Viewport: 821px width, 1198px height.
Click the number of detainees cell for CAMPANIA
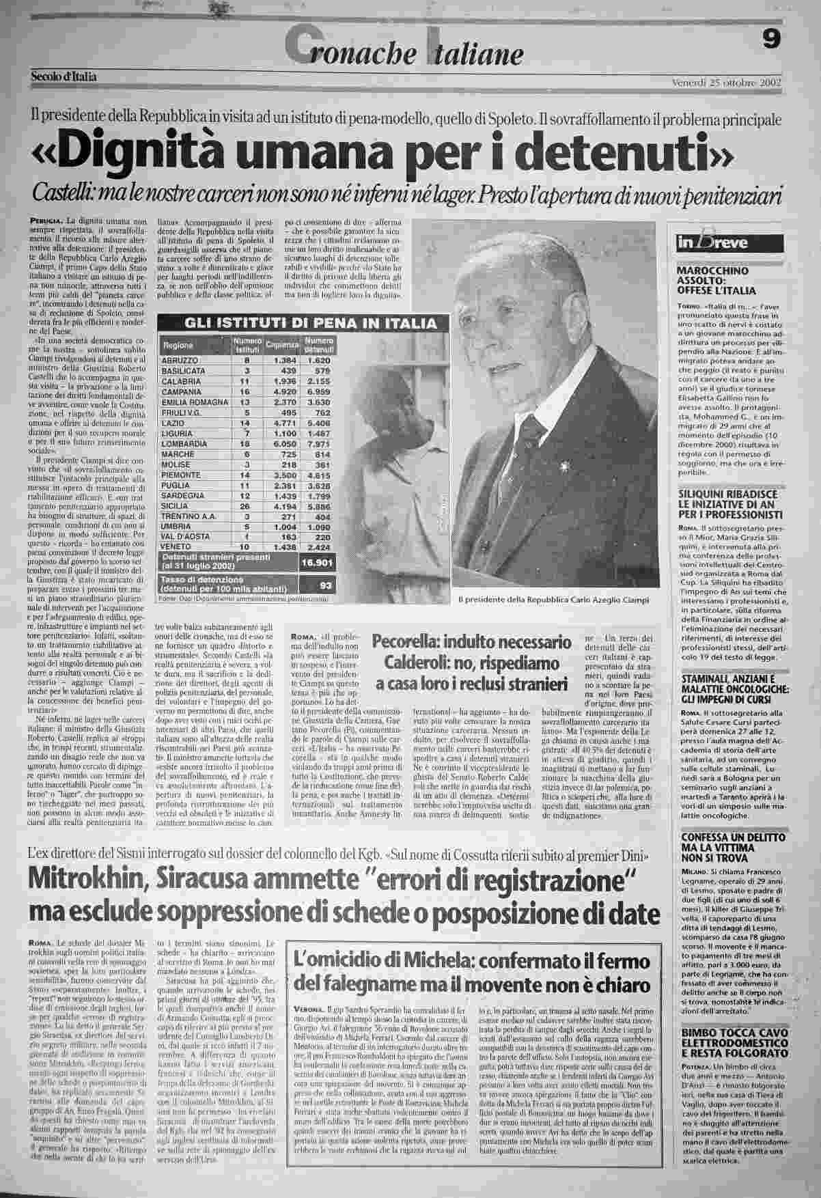pos(317,393)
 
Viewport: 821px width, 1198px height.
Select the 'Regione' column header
pos(178,346)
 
